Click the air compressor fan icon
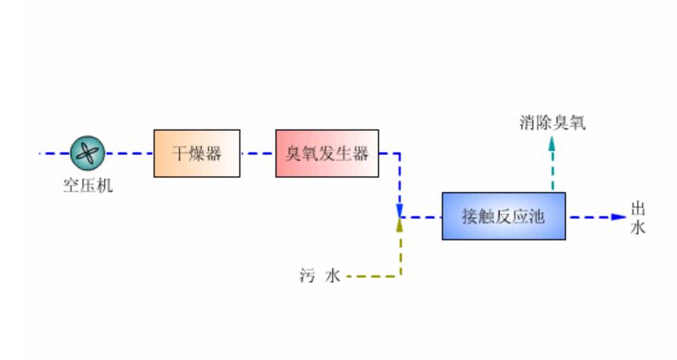(x=86, y=153)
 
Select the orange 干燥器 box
(x=197, y=153)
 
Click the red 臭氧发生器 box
(x=326, y=153)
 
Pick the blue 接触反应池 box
(x=503, y=216)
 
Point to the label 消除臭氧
(x=553, y=123)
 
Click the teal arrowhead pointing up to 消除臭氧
(x=552, y=144)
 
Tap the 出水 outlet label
(x=637, y=217)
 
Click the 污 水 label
(x=320, y=276)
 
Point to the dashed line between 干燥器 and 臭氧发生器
(x=257, y=153)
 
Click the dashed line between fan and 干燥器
(x=129, y=153)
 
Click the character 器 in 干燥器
(x=213, y=153)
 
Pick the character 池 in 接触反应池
(x=537, y=216)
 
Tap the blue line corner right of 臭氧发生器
(x=400, y=153)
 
